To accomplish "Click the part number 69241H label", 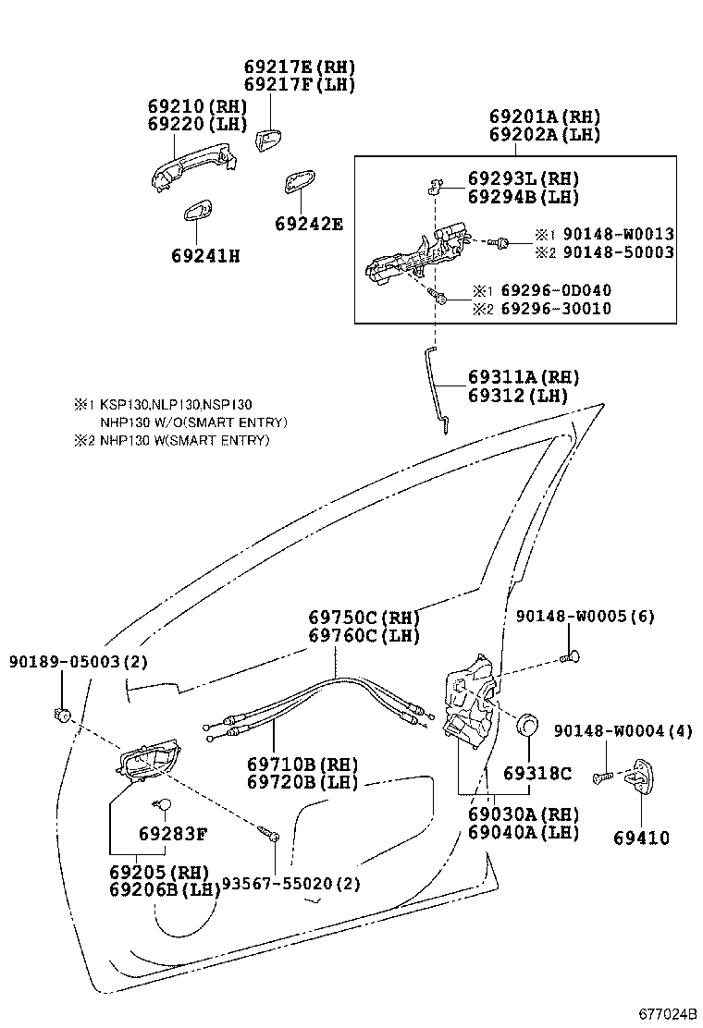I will [x=204, y=256].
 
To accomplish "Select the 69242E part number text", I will [x=308, y=224].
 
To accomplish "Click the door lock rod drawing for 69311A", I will [x=437, y=384].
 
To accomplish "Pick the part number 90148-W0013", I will [x=617, y=234].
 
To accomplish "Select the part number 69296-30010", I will [x=554, y=309].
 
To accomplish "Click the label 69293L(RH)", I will [x=523, y=178].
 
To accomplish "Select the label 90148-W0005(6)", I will [x=585, y=616].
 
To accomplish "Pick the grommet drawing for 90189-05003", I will [x=63, y=714].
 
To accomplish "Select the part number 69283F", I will [x=173, y=834].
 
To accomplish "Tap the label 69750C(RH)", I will [x=364, y=618].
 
